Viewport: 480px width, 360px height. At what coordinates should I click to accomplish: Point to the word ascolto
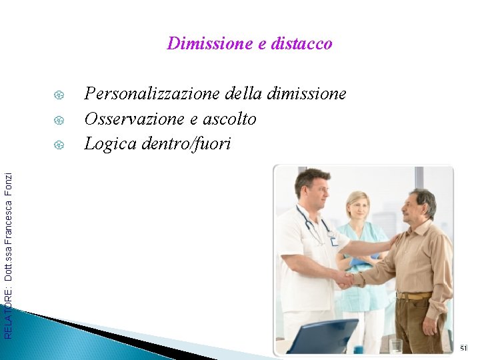pyautogui.click(x=229, y=119)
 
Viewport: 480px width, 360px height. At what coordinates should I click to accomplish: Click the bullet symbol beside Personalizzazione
pyautogui.click(x=59, y=94)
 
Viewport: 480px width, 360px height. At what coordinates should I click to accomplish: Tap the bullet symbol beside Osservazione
pyautogui.click(x=59, y=119)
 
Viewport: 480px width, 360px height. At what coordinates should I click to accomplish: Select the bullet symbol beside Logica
pyautogui.click(x=59, y=144)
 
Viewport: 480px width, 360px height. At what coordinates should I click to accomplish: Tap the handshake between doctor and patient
pyautogui.click(x=345, y=279)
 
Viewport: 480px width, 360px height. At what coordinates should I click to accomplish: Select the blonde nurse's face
pyautogui.click(x=358, y=207)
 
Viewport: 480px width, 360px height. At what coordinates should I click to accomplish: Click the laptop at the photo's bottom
pyautogui.click(x=323, y=337)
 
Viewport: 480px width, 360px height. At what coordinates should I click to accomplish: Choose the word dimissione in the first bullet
pyautogui.click(x=306, y=94)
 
